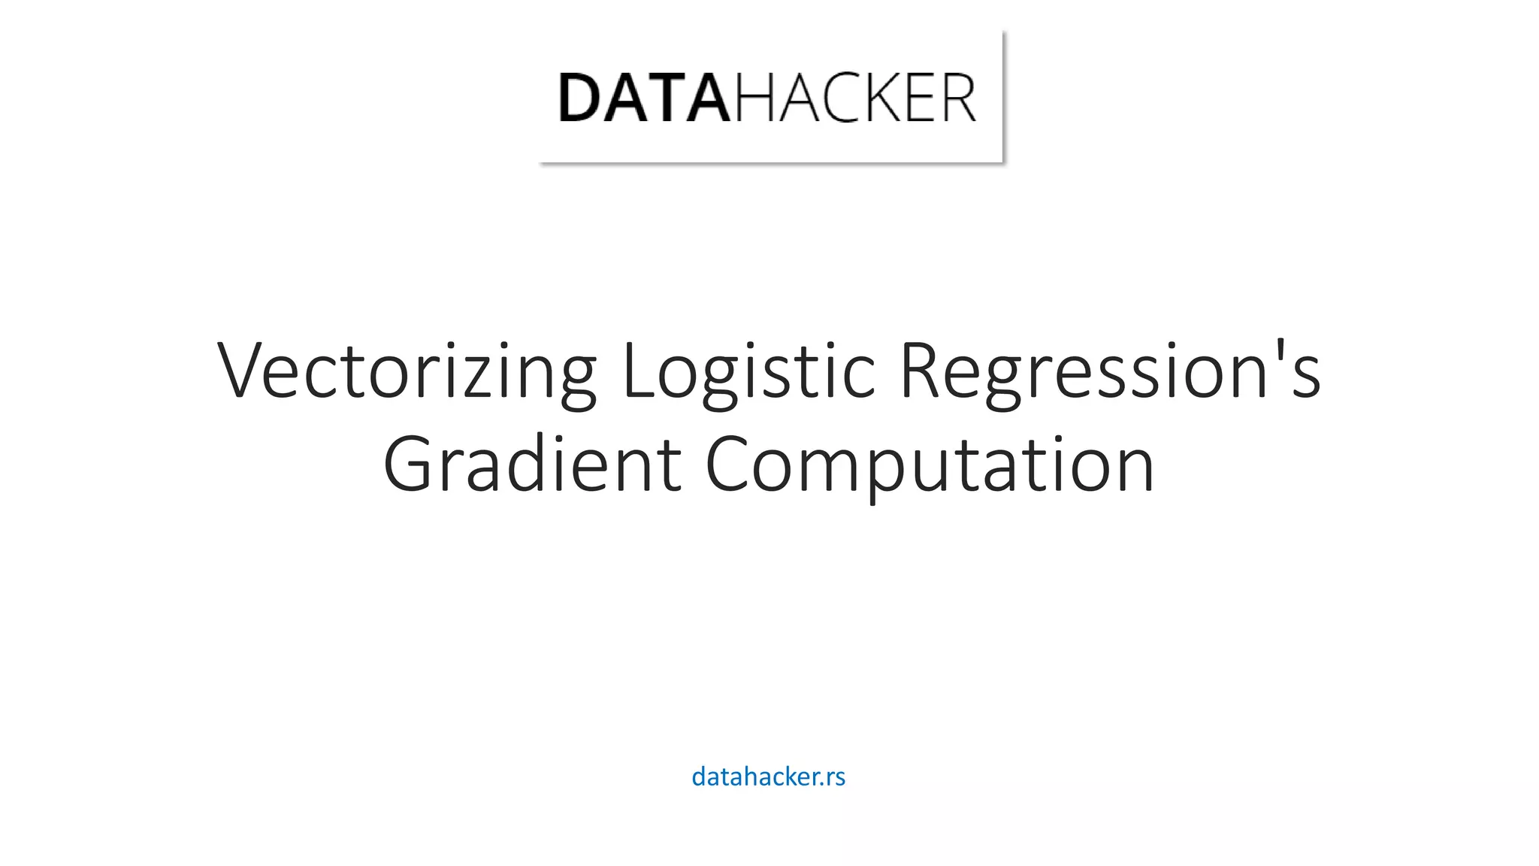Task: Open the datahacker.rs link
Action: (x=768, y=777)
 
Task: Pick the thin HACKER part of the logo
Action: (x=855, y=98)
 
